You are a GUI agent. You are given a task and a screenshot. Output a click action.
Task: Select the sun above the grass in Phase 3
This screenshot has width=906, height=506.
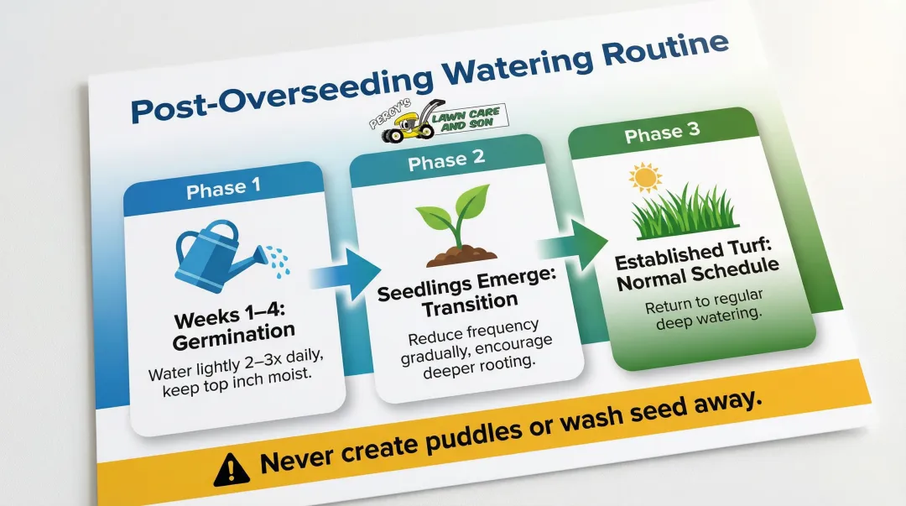(x=646, y=178)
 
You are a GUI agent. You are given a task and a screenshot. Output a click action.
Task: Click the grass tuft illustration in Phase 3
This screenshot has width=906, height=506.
(x=684, y=213)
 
